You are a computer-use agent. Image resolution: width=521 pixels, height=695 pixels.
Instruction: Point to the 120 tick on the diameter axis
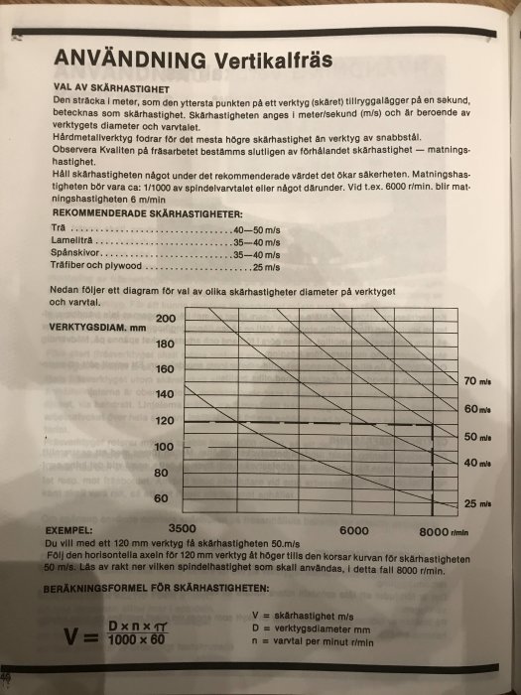click(166, 421)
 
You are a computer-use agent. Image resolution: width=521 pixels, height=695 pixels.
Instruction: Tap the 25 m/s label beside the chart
click(478, 504)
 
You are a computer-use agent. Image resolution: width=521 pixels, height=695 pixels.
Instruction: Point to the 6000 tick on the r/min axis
click(354, 528)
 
